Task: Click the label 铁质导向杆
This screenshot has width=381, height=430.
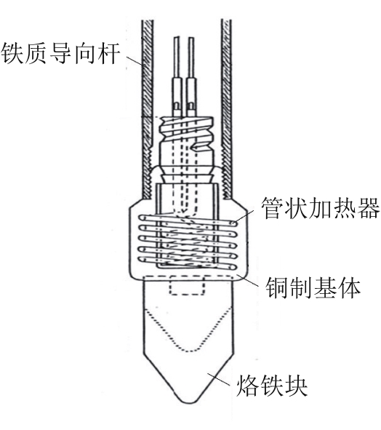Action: pos(61,53)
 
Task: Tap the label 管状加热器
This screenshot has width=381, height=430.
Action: pos(320,207)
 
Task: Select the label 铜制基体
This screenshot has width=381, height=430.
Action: pos(313,287)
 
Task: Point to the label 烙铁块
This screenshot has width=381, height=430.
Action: pos(272,386)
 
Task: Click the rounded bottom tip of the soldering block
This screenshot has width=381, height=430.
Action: pos(189,402)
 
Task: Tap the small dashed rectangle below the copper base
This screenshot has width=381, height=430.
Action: pos(187,285)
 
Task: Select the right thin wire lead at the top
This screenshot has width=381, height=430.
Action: pos(191,57)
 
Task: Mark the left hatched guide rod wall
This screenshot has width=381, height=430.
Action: pos(147,110)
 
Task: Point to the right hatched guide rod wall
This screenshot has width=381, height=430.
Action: pos(227,110)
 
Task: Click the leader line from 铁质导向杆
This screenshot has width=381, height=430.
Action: pos(135,61)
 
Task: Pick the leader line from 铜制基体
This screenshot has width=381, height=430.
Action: pos(248,280)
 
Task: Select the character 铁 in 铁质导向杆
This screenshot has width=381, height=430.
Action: pos(12,53)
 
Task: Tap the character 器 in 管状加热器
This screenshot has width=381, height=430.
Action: pos(369,207)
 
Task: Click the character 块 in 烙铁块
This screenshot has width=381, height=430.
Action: pos(296,386)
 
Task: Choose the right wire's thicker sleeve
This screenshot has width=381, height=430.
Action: pos(191,97)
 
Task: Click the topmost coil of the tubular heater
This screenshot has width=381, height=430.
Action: pos(188,220)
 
